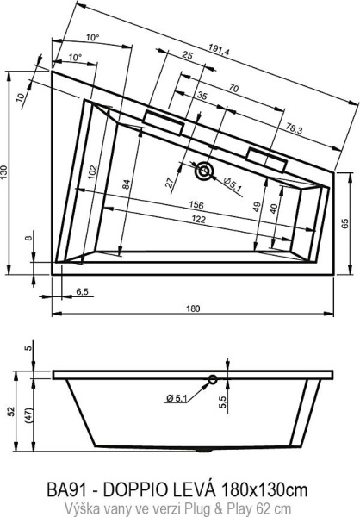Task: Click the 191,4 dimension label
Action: tap(219, 49)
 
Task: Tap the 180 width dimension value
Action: tap(193, 308)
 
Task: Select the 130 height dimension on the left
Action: tap(3, 172)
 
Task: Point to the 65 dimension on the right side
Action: tap(344, 223)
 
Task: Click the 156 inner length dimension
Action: tap(196, 205)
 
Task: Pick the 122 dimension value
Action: tap(198, 219)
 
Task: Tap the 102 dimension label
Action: tap(93, 171)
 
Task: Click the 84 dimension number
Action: tap(127, 184)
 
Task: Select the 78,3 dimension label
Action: tap(294, 129)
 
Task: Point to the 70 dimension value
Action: tap(233, 89)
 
